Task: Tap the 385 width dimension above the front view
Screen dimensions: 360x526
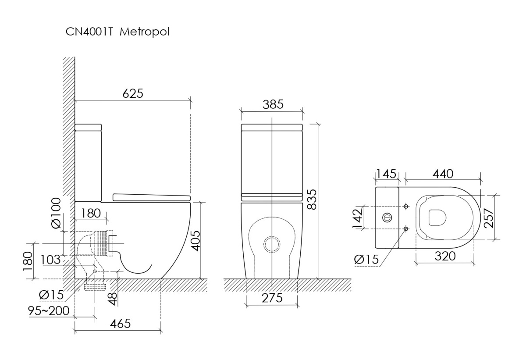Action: pyautogui.click(x=273, y=104)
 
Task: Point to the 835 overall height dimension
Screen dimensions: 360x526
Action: pyautogui.click(x=311, y=201)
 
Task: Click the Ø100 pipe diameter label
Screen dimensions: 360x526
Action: pyautogui.click(x=56, y=213)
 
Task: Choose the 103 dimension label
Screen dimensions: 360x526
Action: pyautogui.click(x=50, y=259)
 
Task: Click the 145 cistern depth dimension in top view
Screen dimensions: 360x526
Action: pyautogui.click(x=386, y=174)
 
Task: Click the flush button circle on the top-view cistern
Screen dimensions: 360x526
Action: pyautogui.click(x=387, y=217)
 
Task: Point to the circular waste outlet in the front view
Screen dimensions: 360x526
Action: pyautogui.click(x=272, y=244)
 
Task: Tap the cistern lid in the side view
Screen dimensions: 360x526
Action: pyautogui.click(x=89, y=128)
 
